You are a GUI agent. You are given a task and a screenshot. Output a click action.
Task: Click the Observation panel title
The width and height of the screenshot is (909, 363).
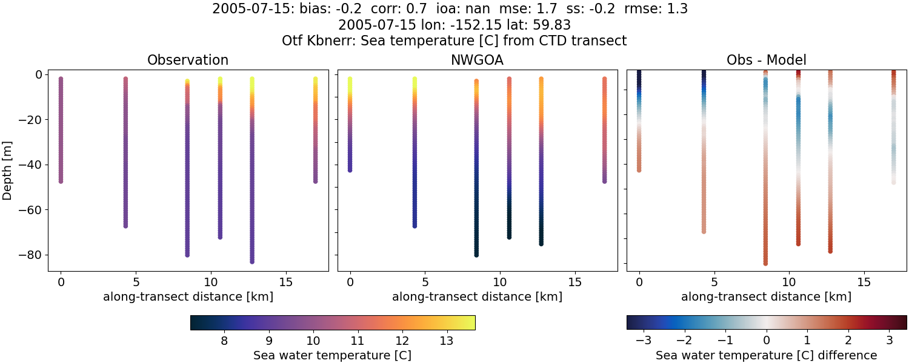pos(188,60)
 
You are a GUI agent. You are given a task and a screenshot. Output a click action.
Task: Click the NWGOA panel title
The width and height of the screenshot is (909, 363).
pos(477,60)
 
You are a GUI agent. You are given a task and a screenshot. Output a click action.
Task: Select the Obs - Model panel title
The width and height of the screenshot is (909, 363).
pos(766,60)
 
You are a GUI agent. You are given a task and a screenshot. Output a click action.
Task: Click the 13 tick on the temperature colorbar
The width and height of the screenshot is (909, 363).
pos(446,341)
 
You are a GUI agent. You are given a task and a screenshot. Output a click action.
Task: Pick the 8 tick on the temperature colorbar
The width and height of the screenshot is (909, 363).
pos(224,341)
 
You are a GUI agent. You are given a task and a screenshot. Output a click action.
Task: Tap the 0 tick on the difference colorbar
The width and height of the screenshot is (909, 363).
pos(767,341)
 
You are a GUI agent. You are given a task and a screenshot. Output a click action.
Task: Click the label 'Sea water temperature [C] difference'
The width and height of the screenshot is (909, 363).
pos(766,355)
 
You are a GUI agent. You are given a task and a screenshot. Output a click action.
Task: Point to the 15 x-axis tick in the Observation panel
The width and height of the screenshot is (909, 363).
pos(285,282)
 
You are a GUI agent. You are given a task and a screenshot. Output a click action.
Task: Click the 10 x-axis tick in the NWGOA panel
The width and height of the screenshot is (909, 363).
pos(500,282)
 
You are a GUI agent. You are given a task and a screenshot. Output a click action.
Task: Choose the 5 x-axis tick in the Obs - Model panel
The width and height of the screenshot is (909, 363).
pos(714,282)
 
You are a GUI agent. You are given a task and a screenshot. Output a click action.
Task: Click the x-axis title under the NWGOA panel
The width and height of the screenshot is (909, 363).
pos(477,296)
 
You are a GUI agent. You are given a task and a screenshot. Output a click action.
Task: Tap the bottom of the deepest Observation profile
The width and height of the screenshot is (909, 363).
pos(251,261)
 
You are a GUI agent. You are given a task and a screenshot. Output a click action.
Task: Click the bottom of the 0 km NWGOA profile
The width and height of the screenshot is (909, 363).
pos(350,170)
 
